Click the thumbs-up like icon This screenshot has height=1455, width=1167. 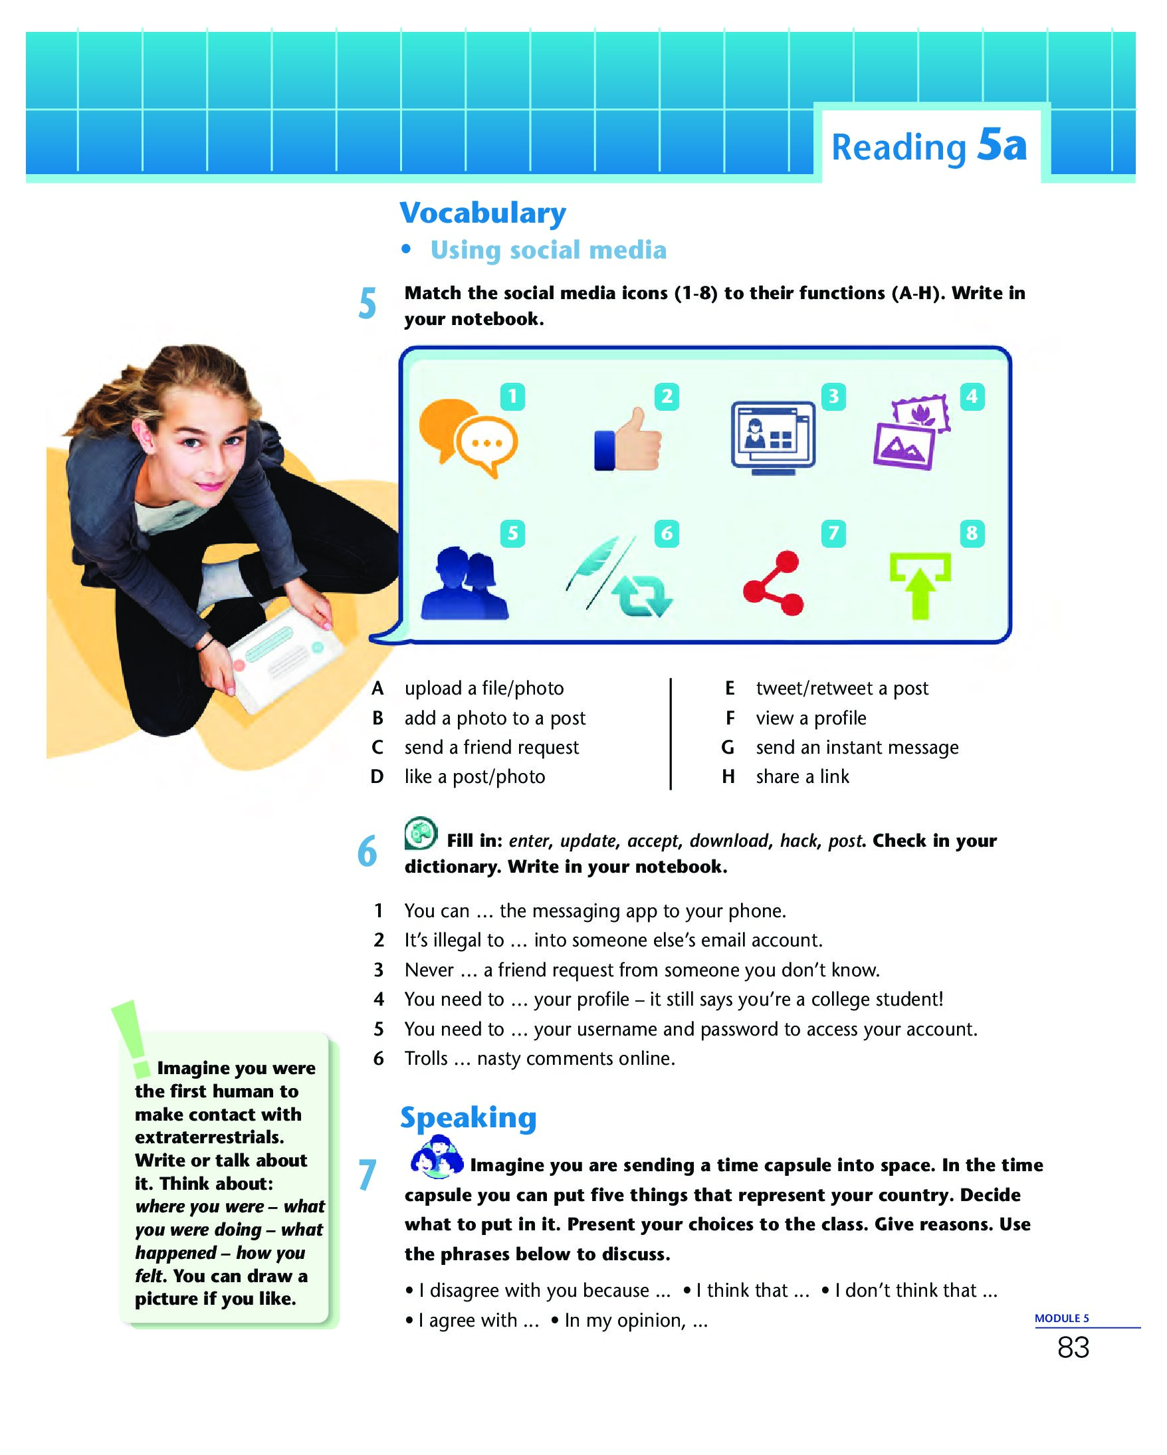pyautogui.click(x=628, y=441)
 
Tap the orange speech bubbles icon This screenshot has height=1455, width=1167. pyautogui.click(x=468, y=437)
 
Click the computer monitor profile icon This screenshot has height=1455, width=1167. pyautogui.click(x=773, y=437)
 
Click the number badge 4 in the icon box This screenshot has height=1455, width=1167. pyautogui.click(x=972, y=396)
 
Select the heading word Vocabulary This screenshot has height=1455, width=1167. pyautogui.click(x=483, y=213)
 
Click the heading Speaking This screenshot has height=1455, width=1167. pyautogui.click(x=468, y=1117)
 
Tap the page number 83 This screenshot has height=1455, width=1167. pyautogui.click(x=1073, y=1348)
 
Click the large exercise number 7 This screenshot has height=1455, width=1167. pyautogui.click(x=367, y=1175)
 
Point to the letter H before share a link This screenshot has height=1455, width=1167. pyautogui.click(x=728, y=777)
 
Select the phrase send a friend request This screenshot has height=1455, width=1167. pyautogui.click(x=491, y=747)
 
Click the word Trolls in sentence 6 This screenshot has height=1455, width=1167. pyautogui.click(x=425, y=1058)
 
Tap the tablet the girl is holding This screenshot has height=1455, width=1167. pyautogui.click(x=284, y=658)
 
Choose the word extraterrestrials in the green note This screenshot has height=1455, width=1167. pyautogui.click(x=209, y=1137)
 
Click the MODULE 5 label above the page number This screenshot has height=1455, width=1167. pyautogui.click(x=1062, y=1318)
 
